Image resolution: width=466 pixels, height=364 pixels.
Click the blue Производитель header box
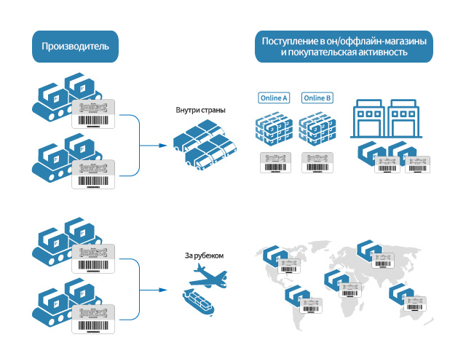click(75, 47)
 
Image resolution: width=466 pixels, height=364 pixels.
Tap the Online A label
click(275, 98)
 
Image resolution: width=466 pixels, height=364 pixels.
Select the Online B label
click(317, 98)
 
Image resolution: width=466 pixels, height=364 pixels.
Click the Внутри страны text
click(200, 111)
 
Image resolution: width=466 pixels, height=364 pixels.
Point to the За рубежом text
click(200, 256)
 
